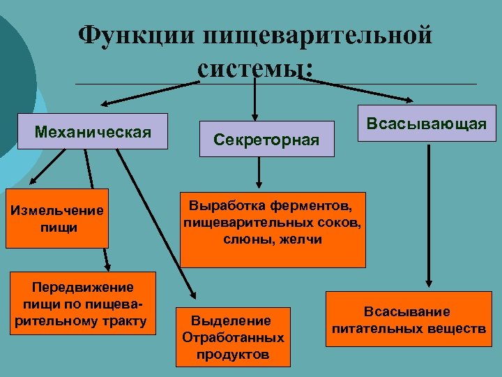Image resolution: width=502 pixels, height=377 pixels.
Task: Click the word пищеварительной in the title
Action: (x=318, y=35)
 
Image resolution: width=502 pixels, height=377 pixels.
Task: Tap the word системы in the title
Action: (x=252, y=68)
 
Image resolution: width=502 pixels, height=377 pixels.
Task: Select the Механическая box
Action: (x=93, y=131)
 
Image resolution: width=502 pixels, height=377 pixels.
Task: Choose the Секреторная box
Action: (x=266, y=140)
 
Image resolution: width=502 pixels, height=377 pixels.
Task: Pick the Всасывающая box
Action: (x=427, y=124)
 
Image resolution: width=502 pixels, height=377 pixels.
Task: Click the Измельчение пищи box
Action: (x=57, y=219)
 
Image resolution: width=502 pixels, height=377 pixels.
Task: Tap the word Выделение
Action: (x=232, y=320)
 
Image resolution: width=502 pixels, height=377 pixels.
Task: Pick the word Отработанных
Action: (x=233, y=337)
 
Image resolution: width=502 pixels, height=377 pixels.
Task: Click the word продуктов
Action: (x=233, y=354)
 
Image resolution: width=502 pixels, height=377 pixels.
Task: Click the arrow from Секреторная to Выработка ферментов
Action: (x=259, y=172)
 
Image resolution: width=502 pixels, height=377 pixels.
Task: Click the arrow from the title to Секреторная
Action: (x=254, y=98)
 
